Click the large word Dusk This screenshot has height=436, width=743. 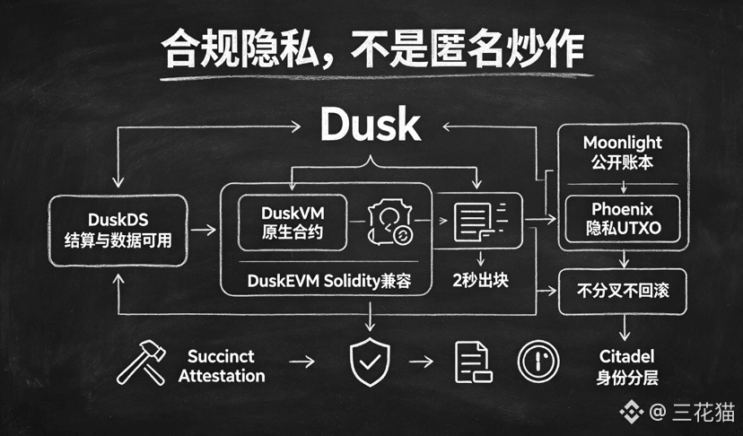[371, 124]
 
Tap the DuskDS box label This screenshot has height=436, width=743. [118, 231]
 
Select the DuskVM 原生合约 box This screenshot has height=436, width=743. [293, 222]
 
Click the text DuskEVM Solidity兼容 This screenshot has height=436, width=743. [328, 281]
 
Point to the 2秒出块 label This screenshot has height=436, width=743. [480, 281]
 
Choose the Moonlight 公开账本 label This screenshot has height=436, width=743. [622, 153]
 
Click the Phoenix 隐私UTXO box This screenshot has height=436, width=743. [623, 219]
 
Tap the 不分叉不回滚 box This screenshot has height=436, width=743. [623, 292]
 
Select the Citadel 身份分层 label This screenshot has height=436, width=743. [627, 367]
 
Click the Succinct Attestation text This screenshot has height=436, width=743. [222, 366]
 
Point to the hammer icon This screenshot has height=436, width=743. [141, 362]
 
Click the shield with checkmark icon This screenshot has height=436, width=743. [370, 362]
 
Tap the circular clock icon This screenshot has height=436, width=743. [538, 362]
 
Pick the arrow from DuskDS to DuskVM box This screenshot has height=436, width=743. [203, 230]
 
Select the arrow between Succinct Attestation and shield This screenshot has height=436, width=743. [302, 362]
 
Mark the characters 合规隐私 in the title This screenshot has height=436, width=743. [240, 48]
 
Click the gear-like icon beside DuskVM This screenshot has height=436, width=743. [390, 222]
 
